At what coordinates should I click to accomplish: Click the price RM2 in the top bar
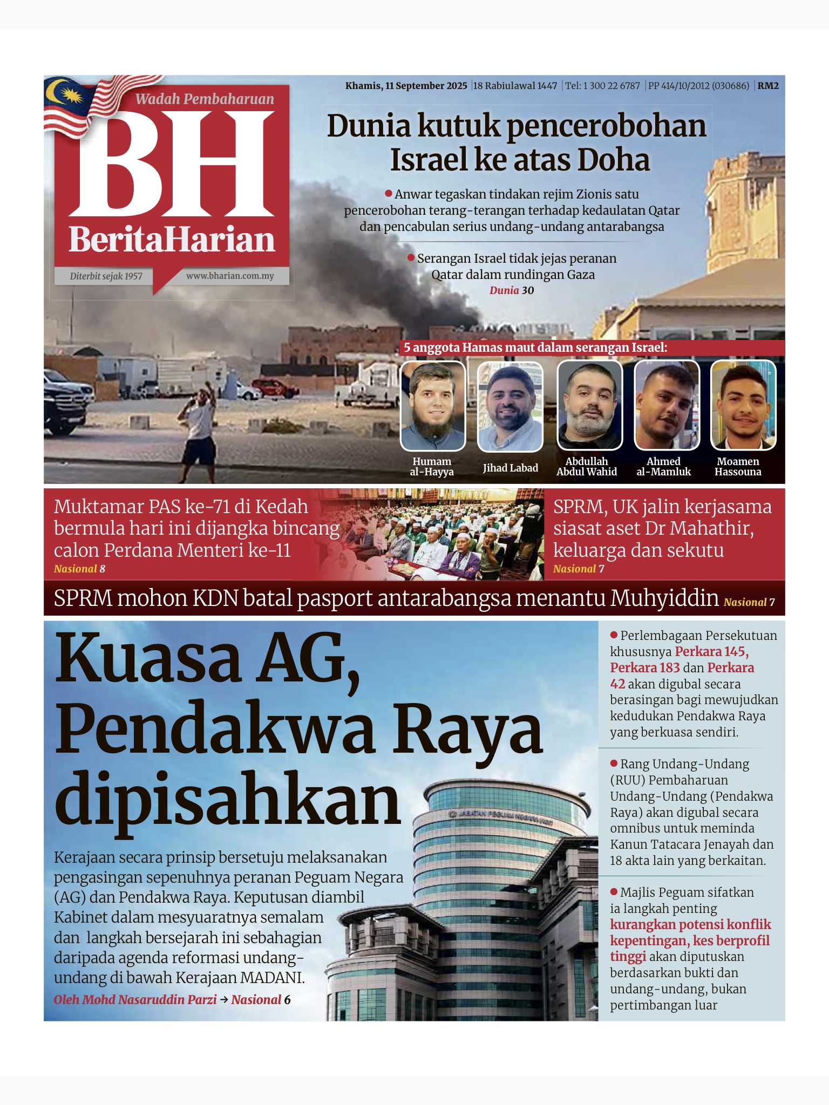[x=768, y=86]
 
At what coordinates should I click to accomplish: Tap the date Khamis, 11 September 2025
[x=406, y=86]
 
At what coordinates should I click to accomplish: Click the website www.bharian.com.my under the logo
[x=230, y=276]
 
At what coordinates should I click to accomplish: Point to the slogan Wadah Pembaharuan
[x=205, y=99]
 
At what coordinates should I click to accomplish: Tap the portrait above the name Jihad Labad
[x=510, y=406]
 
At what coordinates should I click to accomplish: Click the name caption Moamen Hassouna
[x=738, y=467]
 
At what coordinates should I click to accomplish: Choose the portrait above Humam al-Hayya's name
[x=432, y=406]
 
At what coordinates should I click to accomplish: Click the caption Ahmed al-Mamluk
[x=663, y=467]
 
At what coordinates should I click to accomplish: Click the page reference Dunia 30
[x=511, y=290]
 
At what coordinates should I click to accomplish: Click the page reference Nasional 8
[x=79, y=569]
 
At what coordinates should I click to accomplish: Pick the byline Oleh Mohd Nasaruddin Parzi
[x=135, y=1000]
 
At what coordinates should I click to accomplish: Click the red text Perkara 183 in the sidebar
[x=645, y=667]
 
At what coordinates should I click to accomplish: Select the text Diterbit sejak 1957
[x=106, y=276]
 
